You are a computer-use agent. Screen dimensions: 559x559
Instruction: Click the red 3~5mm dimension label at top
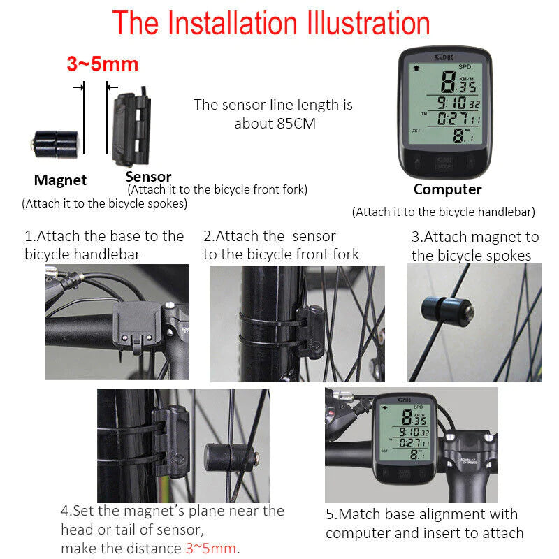pos(102,64)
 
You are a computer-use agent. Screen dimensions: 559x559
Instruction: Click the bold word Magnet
pos(60,180)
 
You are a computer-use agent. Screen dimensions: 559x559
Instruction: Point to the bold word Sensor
pos(148,177)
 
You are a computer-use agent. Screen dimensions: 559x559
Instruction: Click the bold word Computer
pos(447,189)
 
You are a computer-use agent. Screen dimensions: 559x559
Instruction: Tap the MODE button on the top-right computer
pos(443,165)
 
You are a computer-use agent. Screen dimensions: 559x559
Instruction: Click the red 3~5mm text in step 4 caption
pos(211,548)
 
